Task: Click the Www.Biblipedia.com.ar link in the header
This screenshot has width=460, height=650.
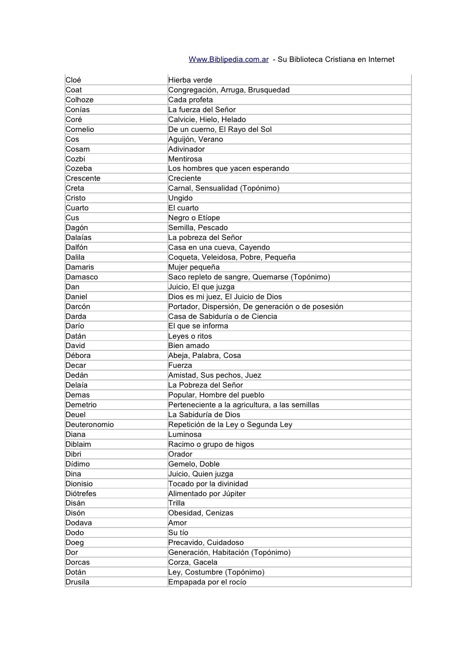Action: coord(228,60)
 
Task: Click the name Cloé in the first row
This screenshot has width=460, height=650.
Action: coord(73,80)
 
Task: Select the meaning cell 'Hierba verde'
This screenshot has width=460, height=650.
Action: coord(190,80)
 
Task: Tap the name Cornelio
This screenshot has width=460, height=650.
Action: coord(80,130)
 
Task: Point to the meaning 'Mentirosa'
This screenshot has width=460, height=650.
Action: coord(185,159)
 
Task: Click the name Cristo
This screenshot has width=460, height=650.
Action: coord(75,198)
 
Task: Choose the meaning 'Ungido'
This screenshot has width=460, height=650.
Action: coord(180,198)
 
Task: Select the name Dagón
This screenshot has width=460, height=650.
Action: coord(77,228)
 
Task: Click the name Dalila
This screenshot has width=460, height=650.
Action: coord(75,257)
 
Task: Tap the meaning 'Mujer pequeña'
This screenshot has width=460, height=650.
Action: coord(194,267)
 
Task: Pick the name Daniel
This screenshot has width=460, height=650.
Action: coord(76,297)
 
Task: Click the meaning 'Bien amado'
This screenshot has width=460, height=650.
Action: coord(189,346)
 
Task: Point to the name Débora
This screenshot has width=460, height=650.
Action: coord(78,356)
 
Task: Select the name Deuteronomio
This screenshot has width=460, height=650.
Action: coord(90,425)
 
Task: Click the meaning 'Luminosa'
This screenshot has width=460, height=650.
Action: coord(185,435)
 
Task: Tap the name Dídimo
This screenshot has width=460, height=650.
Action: coord(78,464)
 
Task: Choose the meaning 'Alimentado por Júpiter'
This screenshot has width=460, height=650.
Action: coord(207,494)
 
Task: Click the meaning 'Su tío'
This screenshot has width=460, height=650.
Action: coord(178,533)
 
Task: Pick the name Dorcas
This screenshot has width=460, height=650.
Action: coord(78,563)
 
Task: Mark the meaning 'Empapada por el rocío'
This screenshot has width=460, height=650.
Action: coord(207,582)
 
